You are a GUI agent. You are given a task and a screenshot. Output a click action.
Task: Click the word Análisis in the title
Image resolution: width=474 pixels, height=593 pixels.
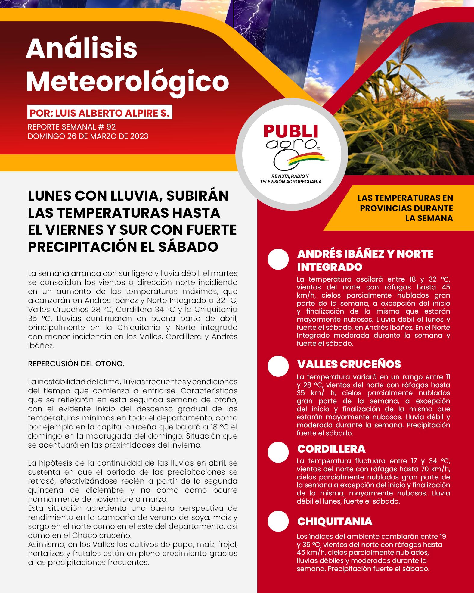point(81,49)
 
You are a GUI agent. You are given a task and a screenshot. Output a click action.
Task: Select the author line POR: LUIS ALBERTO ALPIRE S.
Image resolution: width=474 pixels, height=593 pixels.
point(100,113)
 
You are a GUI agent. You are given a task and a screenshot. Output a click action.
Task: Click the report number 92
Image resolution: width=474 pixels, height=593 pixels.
point(111,127)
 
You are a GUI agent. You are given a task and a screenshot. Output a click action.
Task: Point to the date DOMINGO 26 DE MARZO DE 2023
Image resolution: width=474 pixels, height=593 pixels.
point(88,136)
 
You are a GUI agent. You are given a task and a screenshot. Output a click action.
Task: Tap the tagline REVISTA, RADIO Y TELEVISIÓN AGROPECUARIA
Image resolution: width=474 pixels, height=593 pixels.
point(290,179)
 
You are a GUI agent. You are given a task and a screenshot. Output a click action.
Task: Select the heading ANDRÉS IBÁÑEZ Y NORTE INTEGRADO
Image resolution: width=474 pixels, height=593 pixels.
point(365,260)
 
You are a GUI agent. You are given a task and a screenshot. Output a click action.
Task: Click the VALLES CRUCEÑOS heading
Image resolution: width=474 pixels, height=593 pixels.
point(349,364)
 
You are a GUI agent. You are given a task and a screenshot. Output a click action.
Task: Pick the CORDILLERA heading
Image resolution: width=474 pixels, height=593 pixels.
point(331,449)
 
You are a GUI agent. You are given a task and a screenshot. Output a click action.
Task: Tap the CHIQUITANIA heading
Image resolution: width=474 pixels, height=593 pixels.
point(335,522)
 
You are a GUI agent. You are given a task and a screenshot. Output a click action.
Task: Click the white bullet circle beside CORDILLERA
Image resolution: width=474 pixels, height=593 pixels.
point(278,452)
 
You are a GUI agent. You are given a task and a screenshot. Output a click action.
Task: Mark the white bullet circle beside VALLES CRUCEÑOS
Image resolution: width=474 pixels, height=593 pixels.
point(278,366)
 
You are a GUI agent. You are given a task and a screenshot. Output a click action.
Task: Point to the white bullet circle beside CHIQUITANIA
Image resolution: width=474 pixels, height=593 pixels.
point(278,521)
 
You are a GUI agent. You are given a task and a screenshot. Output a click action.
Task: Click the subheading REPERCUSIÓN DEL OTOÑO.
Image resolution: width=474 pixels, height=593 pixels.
point(76,364)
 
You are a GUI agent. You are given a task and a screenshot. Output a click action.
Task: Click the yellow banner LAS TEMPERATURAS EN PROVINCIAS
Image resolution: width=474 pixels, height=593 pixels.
point(405,208)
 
